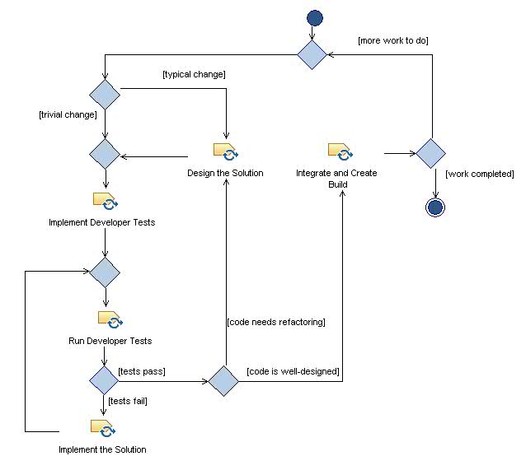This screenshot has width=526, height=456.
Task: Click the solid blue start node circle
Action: tap(314, 18)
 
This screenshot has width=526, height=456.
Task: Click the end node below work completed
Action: tap(434, 207)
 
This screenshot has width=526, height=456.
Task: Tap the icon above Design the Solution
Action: tap(225, 152)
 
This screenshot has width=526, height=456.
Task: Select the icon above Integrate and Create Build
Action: tap(340, 152)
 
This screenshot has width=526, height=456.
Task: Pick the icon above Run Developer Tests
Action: tap(110, 319)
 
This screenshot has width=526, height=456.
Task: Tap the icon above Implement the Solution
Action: tap(102, 428)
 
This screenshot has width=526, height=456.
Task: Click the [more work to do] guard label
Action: tap(392, 40)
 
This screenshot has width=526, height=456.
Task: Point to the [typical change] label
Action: tap(195, 75)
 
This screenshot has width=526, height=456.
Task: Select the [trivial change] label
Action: tap(68, 114)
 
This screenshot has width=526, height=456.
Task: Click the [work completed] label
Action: tap(479, 174)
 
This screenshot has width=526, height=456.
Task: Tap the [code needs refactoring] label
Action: tap(275, 322)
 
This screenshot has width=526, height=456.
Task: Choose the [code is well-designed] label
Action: tap(292, 372)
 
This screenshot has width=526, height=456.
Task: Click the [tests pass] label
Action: tap(142, 372)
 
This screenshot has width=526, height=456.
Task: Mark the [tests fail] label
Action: tap(129, 401)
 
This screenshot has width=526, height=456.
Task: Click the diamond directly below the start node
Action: tap(313, 54)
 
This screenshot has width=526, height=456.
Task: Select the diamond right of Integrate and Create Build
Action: tap(430, 153)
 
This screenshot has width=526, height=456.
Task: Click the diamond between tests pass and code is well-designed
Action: tap(223, 381)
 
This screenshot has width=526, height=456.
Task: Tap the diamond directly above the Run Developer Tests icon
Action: tap(105, 271)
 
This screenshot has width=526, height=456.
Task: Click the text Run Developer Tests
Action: tap(110, 341)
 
